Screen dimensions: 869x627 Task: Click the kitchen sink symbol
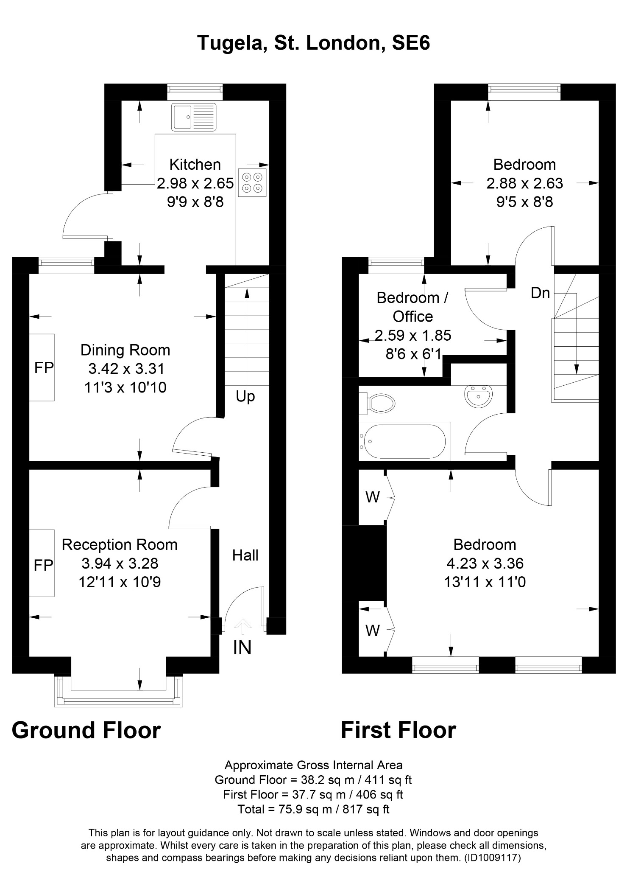coord(194,117)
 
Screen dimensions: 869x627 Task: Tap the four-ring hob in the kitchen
coord(252,182)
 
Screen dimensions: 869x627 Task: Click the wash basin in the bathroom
coord(478,395)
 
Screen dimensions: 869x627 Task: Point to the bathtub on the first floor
coord(403,441)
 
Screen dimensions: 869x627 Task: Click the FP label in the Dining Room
coord(44,368)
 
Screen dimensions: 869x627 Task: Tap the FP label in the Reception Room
coord(44,565)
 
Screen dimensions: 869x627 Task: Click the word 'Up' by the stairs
coord(245,396)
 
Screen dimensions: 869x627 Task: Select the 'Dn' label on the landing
coord(540,293)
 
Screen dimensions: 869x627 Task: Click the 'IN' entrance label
coord(242,648)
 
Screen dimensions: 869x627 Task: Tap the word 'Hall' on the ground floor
coord(245,555)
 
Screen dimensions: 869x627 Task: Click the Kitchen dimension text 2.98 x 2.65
coord(195,183)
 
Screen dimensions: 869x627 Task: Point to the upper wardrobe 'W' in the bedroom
coord(372,497)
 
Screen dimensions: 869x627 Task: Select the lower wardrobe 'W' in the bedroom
coord(372,631)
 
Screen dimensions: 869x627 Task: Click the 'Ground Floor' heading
coord(86,731)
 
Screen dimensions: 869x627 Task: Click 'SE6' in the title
coord(410,43)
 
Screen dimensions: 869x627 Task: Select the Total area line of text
coord(313,809)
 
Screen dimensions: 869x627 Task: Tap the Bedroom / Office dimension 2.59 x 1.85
coord(412,335)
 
